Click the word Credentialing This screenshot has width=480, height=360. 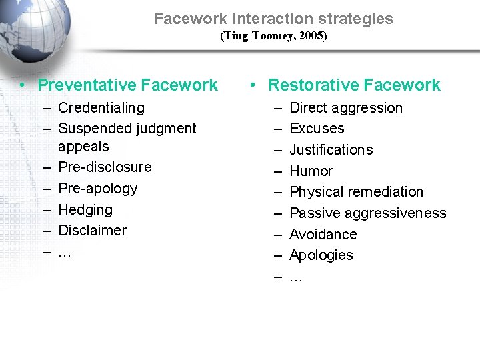point(101,107)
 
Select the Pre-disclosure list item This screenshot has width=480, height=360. point(105,167)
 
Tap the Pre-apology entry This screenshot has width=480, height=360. point(97,188)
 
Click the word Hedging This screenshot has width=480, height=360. point(85,209)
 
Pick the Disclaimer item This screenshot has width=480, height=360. point(92,230)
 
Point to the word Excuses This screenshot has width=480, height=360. point(317,128)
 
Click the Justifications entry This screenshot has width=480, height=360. point(331,149)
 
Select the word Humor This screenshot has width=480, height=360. point(311,171)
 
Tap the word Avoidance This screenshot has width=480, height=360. point(323,234)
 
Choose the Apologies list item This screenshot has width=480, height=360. point(321,255)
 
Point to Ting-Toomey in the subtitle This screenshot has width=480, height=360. point(256,36)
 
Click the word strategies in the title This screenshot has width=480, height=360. point(356,19)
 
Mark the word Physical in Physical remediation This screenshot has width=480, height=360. point(315,191)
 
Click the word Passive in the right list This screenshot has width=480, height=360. point(315,213)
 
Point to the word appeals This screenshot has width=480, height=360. point(83,146)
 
